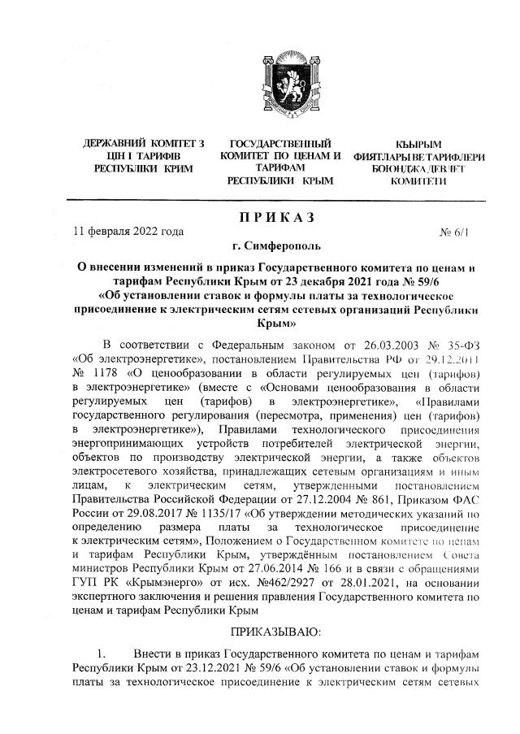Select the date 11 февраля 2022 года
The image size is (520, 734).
pos(128,232)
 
